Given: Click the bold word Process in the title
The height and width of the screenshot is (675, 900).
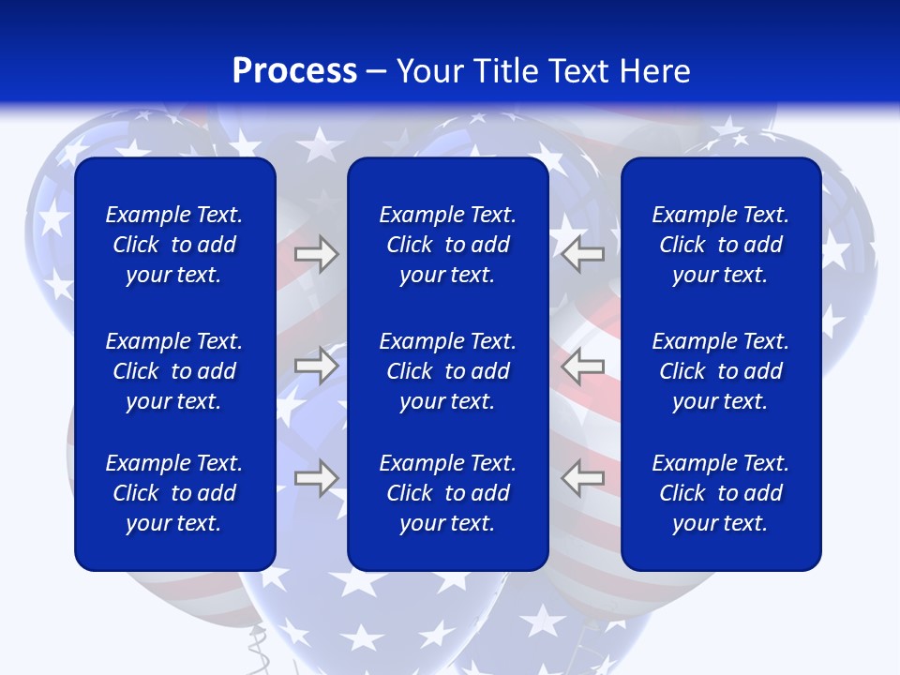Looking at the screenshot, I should pyautogui.click(x=294, y=71).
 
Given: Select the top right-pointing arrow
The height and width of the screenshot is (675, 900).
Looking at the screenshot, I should pyautogui.click(x=316, y=254).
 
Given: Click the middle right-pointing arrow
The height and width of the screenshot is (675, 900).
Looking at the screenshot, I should pyautogui.click(x=316, y=365).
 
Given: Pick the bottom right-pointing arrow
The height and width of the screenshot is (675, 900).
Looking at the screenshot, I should pyautogui.click(x=316, y=478).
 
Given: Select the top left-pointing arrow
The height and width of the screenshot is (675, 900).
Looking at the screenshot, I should pyautogui.click(x=583, y=254).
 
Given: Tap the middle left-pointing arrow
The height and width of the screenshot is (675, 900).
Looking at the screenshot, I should pyautogui.click(x=583, y=365).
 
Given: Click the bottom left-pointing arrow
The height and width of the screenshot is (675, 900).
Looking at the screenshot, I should pyautogui.click(x=583, y=478).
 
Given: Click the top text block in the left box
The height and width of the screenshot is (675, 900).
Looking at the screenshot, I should pyautogui.click(x=174, y=245).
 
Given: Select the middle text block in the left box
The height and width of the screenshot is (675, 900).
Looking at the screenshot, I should pyautogui.click(x=174, y=371).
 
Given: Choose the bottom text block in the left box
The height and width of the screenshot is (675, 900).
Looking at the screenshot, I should pyautogui.click(x=174, y=493).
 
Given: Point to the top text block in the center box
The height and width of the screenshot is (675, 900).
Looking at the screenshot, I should pyautogui.click(x=447, y=245).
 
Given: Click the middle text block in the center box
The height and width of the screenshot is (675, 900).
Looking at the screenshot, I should pyautogui.click(x=447, y=371).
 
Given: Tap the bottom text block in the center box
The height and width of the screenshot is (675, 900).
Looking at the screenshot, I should pyautogui.click(x=447, y=493).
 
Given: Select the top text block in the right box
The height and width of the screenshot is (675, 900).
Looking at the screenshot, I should pyautogui.click(x=720, y=245).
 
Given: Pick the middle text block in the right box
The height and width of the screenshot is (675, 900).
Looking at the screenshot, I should pyautogui.click(x=720, y=371).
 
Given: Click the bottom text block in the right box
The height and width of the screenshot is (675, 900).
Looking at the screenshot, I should pyautogui.click(x=720, y=493).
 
